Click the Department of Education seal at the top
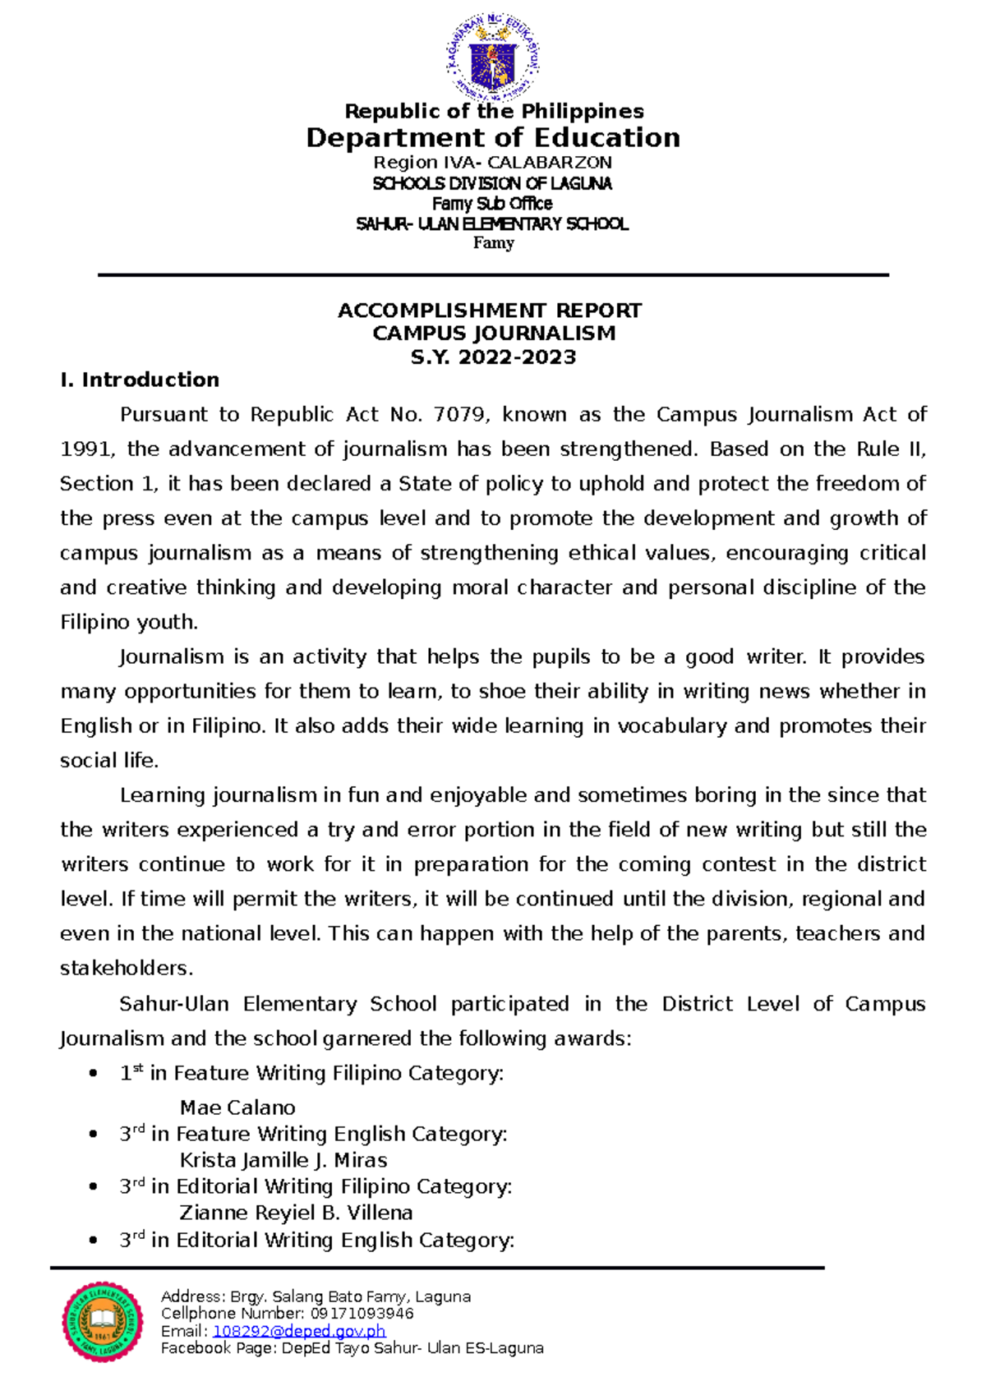click(493, 58)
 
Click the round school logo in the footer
click(103, 1322)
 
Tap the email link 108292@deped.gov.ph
click(299, 1331)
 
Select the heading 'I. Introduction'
click(140, 380)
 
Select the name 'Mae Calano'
click(237, 1107)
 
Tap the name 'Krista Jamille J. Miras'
click(283, 1160)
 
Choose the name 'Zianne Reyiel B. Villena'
click(296, 1213)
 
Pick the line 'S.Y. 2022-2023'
click(493, 357)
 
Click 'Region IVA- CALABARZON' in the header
click(493, 163)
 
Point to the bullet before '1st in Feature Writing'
click(94, 1073)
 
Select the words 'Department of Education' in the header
click(493, 137)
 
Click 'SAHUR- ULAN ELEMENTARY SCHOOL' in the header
click(492, 223)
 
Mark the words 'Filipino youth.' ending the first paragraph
click(129, 622)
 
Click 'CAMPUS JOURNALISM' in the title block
click(494, 334)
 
